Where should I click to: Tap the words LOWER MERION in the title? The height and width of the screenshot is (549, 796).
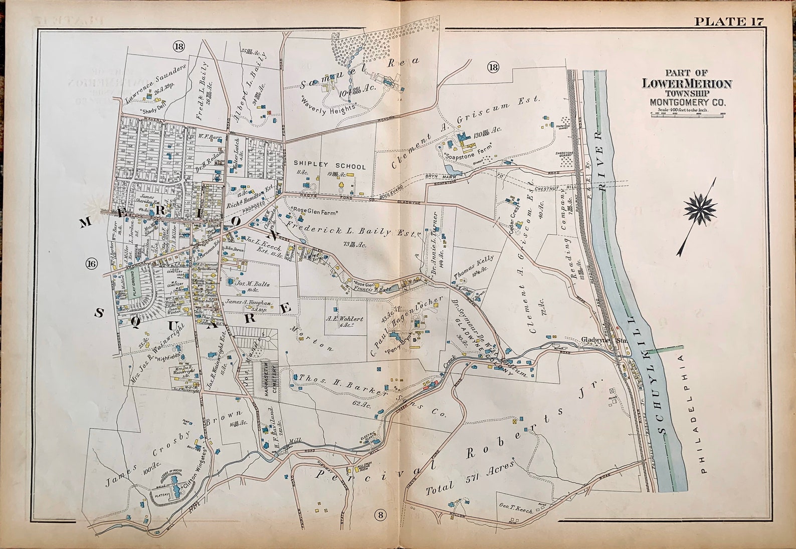pos(687,84)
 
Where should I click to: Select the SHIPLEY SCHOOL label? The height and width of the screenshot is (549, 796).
pos(329,166)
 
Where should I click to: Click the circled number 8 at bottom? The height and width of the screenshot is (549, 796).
pos(380,514)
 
